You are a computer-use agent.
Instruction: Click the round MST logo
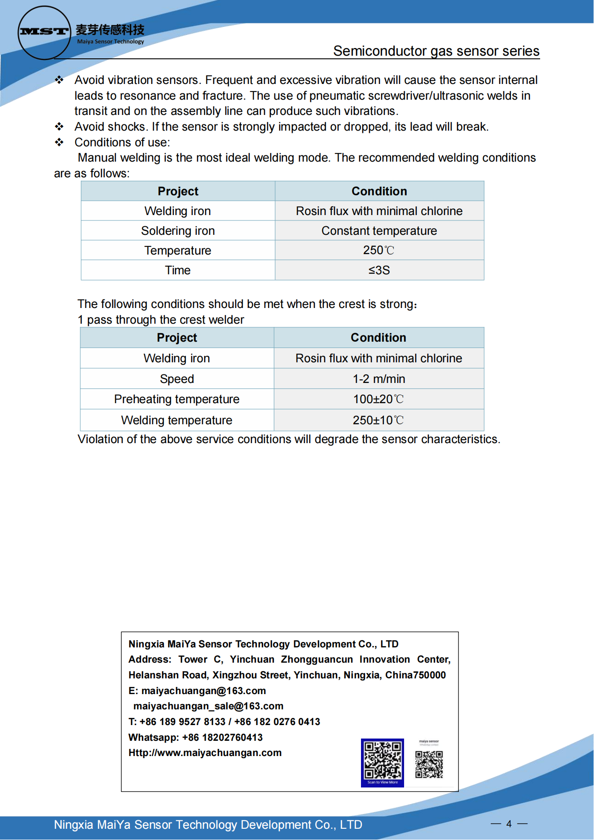coord(44,32)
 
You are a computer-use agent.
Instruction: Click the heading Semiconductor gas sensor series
coord(436,51)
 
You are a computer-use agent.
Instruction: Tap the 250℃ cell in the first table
coord(378,250)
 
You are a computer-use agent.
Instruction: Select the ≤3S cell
coord(378,270)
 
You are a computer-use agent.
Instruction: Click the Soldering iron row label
coord(178,231)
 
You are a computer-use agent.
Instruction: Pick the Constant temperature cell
coord(378,231)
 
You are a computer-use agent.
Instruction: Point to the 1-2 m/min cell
coord(378,379)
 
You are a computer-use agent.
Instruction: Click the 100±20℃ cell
coord(378,399)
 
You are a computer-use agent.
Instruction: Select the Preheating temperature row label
coord(176,399)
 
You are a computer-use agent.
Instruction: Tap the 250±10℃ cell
coord(378,420)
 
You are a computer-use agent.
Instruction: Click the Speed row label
coord(176,379)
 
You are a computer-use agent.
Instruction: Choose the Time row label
coord(178,270)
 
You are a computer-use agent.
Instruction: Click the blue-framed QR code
coord(382,762)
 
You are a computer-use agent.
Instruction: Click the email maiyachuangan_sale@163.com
coord(208,706)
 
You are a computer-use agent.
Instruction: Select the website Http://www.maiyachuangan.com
coord(205,753)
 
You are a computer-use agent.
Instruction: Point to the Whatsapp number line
coord(195,737)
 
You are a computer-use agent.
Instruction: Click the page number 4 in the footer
coord(509,824)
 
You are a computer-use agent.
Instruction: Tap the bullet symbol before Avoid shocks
coord(59,127)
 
